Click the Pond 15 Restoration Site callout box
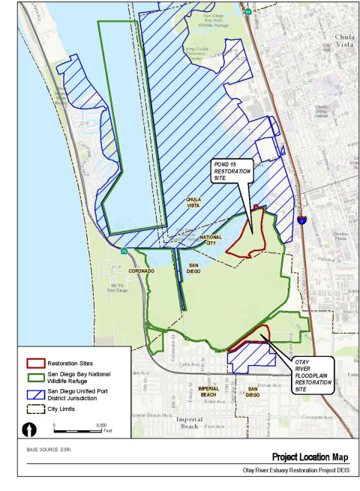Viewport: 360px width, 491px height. tap(230, 171)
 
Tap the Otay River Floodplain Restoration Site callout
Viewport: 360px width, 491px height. tap(311, 375)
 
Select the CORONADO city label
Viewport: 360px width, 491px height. tap(141, 271)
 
